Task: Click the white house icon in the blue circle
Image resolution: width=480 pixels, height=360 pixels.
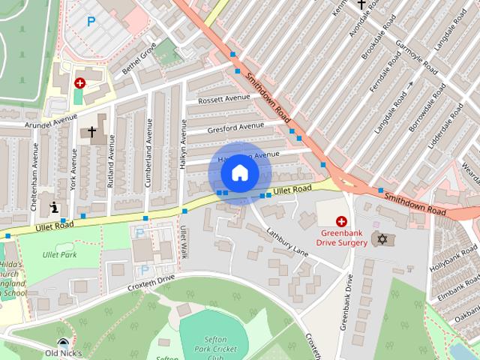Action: tap(239, 173)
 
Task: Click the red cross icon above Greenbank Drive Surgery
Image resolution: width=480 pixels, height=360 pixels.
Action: tap(341, 221)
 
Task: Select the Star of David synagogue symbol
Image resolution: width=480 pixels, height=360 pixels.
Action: tap(383, 239)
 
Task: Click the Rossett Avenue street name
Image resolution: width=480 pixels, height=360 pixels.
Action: tap(223, 98)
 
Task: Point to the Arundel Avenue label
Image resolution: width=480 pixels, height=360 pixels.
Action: tap(51, 121)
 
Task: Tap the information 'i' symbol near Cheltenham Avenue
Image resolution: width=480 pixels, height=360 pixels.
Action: tap(54, 207)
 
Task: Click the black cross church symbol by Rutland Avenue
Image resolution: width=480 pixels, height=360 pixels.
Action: tap(91, 132)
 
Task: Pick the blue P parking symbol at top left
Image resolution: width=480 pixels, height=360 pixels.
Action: tap(91, 22)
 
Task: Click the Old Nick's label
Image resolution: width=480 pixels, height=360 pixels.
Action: tap(63, 352)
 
